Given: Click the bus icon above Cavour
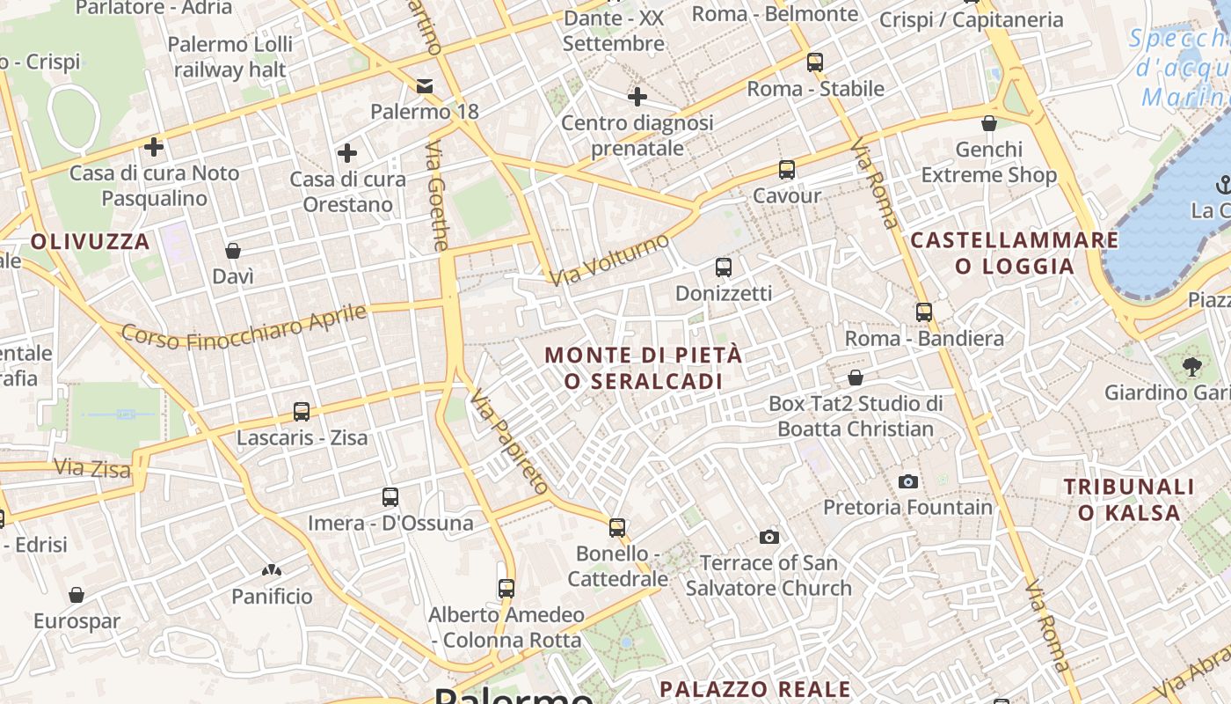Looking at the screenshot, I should click(x=786, y=170).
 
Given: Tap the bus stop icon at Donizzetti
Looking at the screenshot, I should click(x=723, y=267).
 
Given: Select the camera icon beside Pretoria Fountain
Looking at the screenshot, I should click(x=908, y=481).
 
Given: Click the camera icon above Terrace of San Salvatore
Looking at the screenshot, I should click(x=768, y=537).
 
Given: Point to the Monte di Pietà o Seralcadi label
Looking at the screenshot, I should click(x=644, y=368).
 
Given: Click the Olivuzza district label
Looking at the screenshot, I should click(x=91, y=241).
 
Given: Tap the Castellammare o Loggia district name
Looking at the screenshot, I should click(x=1015, y=253).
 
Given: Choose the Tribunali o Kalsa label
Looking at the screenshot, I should click(x=1129, y=499).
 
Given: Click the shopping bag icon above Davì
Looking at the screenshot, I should click(x=233, y=251).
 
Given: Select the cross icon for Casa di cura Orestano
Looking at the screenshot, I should click(x=347, y=153).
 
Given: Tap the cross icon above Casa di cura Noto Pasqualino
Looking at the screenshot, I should click(x=154, y=146).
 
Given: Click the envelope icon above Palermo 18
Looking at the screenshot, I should click(x=425, y=85).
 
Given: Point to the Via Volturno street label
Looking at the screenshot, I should click(x=609, y=259).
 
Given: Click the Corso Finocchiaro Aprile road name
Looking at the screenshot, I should click(x=244, y=325).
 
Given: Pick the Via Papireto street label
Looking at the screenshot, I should click(x=509, y=443).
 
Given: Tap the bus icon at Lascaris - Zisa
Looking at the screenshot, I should click(x=302, y=411).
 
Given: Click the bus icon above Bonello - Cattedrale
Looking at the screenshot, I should click(x=617, y=527).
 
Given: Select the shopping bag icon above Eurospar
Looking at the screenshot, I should click(x=76, y=595).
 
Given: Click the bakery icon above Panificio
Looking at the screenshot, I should click(x=272, y=570).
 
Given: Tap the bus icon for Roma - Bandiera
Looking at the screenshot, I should click(x=923, y=312).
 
